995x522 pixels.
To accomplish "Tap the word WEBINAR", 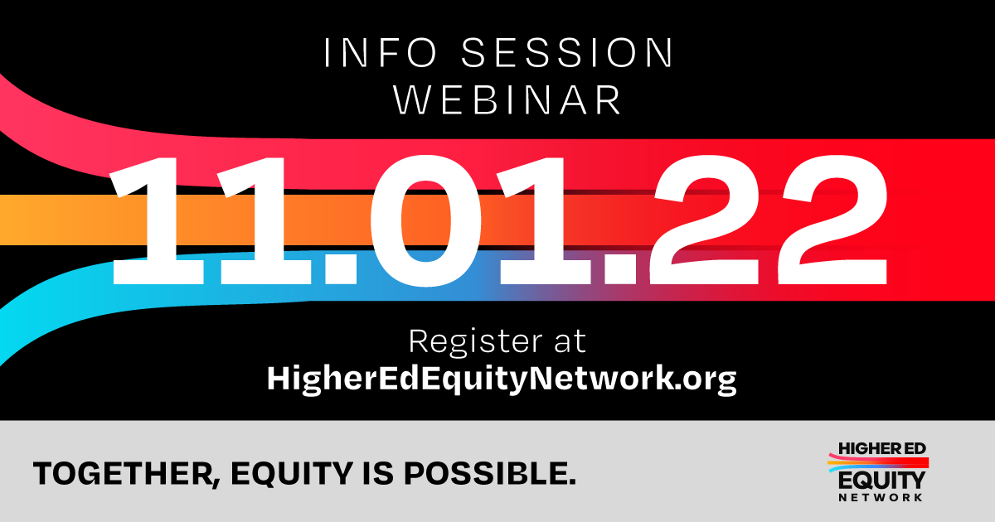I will pyautogui.click(x=507, y=99).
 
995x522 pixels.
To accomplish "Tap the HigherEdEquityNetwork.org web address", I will pyautogui.click(x=501, y=379).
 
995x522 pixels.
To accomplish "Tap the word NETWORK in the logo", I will pyautogui.click(x=881, y=497).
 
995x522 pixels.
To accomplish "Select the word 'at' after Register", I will pyautogui.click(x=570, y=342).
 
